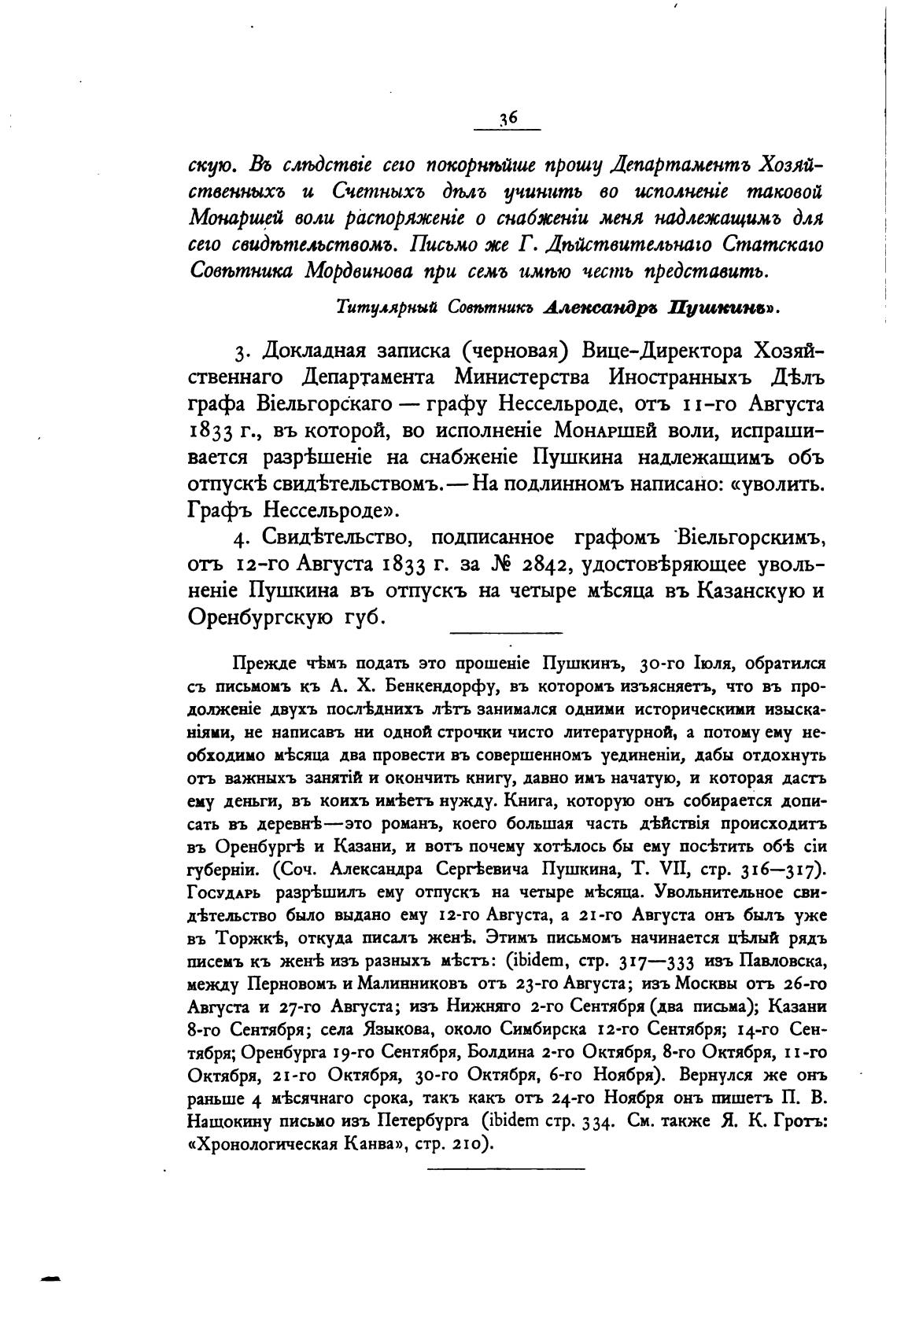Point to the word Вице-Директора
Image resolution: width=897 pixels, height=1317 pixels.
(x=666, y=350)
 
